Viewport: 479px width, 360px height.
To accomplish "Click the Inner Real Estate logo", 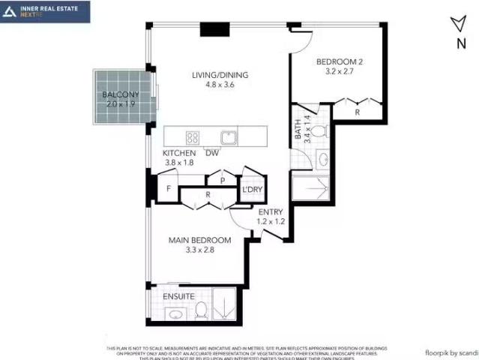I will click(45, 11).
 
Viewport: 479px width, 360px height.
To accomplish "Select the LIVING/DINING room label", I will click(220, 75).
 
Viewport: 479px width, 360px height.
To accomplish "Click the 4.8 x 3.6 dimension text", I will click(220, 85).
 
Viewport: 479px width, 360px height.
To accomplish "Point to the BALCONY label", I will click(119, 94).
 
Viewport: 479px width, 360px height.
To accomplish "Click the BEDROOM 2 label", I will click(339, 62).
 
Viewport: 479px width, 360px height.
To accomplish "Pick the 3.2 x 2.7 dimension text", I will click(338, 72).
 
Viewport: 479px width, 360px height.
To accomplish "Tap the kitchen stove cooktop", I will click(193, 137).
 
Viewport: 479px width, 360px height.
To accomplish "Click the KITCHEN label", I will click(179, 153).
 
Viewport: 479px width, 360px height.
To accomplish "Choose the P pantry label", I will click(222, 181).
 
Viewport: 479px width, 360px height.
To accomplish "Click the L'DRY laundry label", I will click(251, 190).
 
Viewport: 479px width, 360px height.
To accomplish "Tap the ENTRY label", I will click(249, 212).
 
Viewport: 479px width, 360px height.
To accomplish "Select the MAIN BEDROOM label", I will click(199, 240).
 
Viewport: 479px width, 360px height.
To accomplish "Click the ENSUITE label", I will click(179, 296).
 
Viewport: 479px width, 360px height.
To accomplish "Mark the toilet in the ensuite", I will click(201, 312).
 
